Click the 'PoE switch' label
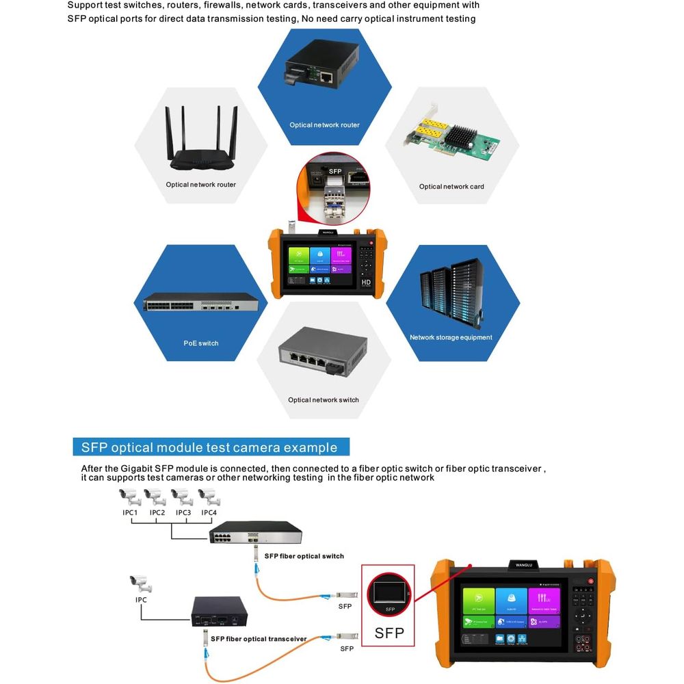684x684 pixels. [x=201, y=343]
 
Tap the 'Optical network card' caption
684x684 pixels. [x=451, y=187]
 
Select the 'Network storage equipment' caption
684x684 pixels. [x=451, y=337]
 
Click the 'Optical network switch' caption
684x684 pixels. [x=324, y=400]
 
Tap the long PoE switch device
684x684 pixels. [x=201, y=302]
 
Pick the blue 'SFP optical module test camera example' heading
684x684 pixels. [x=210, y=447]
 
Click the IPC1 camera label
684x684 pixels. [x=130, y=512]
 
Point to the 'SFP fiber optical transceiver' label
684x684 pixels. [x=259, y=639]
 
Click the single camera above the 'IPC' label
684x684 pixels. [x=141, y=583]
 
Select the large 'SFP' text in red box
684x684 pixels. [x=389, y=633]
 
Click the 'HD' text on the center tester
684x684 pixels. [x=366, y=282]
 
